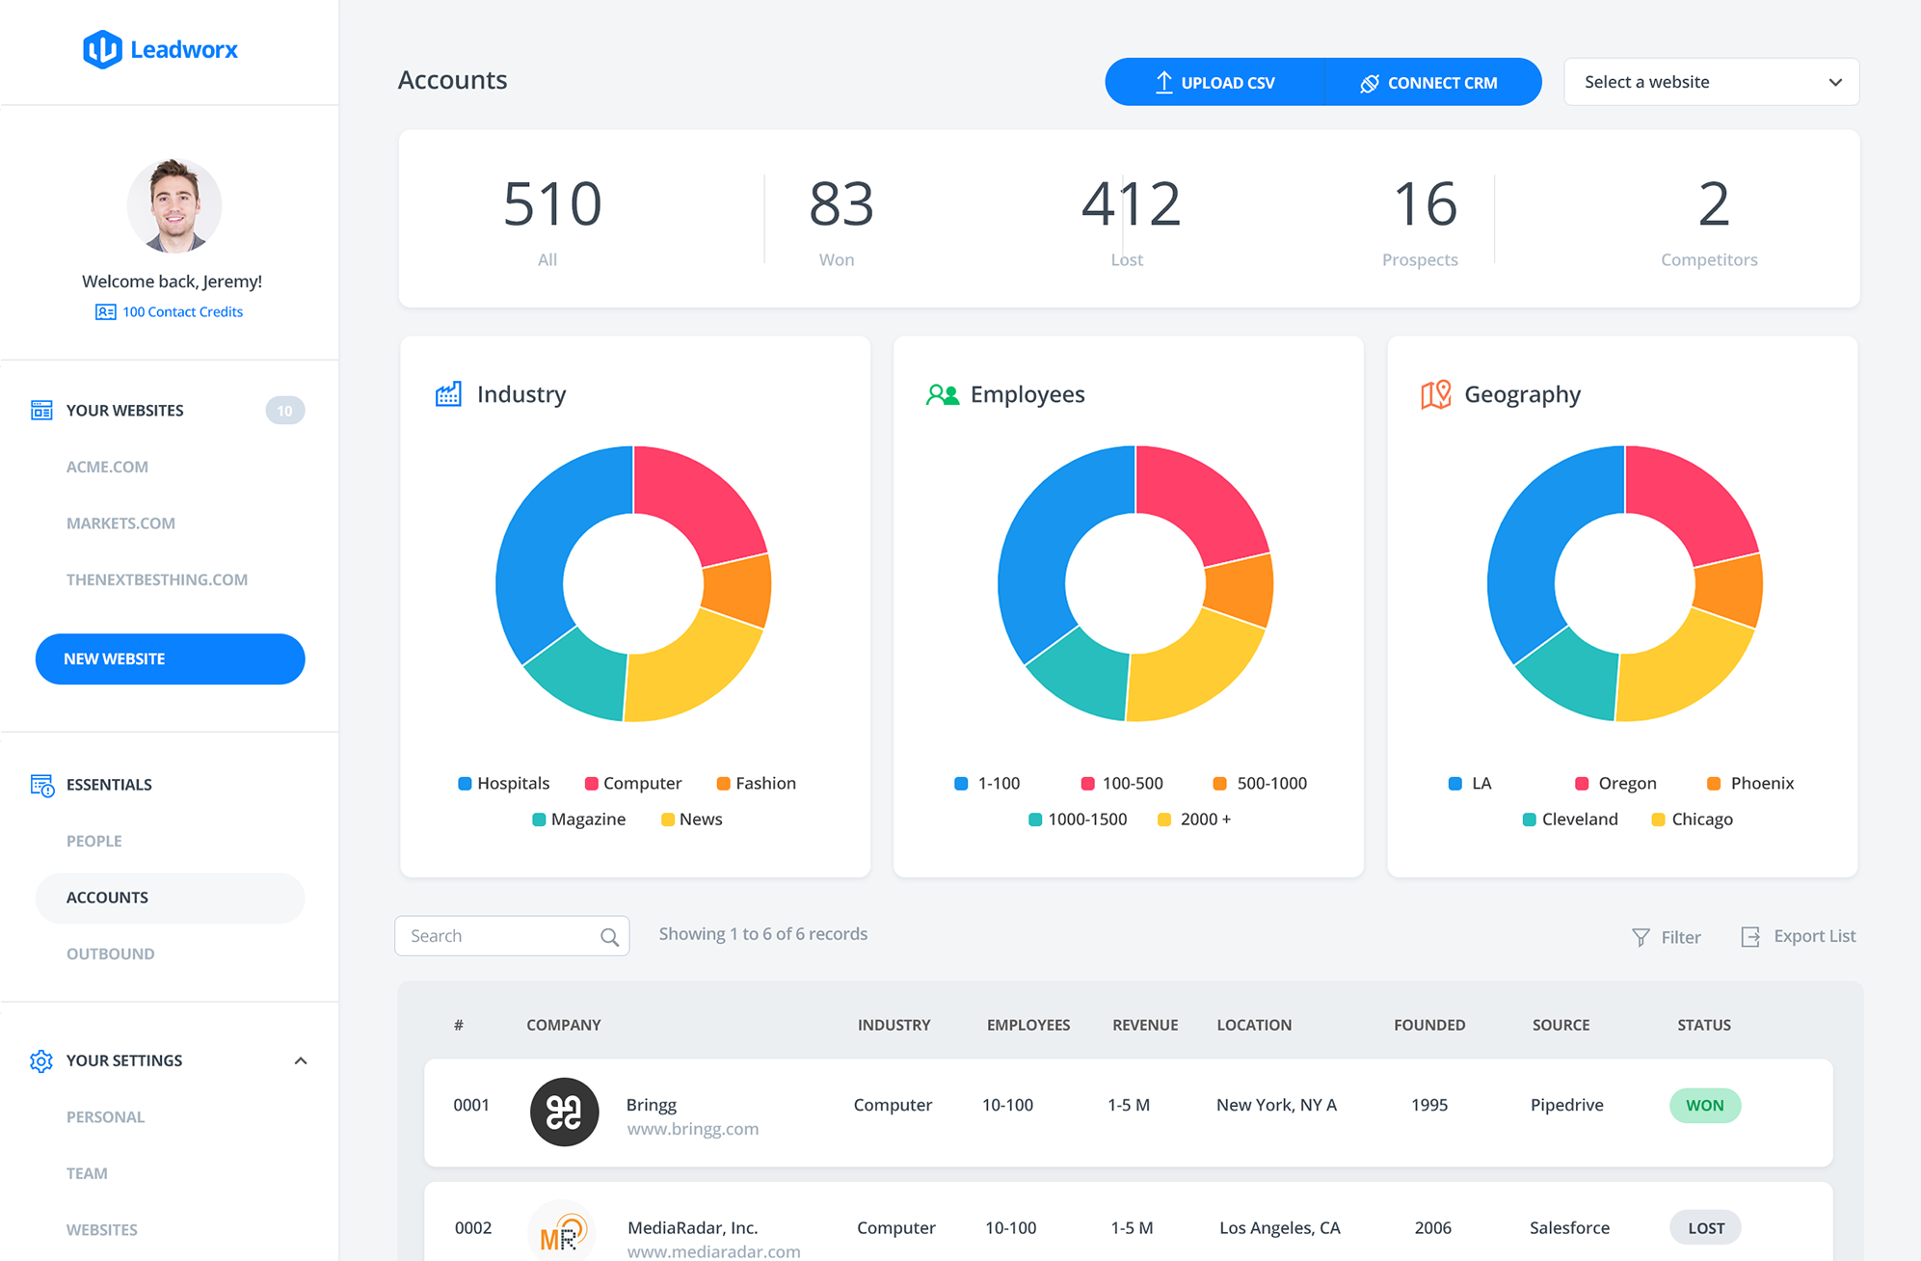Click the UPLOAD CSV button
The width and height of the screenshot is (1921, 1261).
pos(1214,82)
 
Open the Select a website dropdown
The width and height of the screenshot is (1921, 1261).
pos(1711,82)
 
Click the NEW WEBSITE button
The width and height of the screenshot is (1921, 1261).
pos(170,658)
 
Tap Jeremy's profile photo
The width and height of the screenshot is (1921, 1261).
pos(174,205)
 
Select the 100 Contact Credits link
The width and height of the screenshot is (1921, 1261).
pos(170,311)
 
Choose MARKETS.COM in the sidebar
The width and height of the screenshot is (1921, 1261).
pos(120,523)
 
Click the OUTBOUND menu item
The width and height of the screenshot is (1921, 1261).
pos(110,953)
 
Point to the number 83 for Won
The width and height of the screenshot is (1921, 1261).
pos(840,203)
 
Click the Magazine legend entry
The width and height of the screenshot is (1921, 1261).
pos(578,818)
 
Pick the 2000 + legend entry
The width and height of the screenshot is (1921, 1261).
pos(1194,818)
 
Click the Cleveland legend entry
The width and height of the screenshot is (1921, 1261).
pos(1570,818)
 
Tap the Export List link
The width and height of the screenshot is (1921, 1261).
pos(1799,936)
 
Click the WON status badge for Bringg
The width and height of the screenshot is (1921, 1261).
pos(1704,1105)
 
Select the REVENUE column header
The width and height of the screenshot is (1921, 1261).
pos(1145,1025)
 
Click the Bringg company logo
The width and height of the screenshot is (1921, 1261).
pos(564,1112)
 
